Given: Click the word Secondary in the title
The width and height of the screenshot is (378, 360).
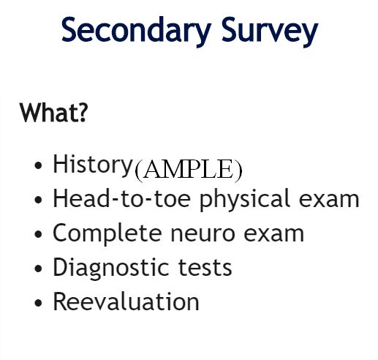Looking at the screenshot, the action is [136, 30].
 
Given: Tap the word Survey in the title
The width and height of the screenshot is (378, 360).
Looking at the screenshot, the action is [270, 31].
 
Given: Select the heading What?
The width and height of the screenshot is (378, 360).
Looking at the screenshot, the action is [53, 113].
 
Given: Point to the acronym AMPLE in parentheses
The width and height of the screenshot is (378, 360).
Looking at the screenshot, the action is [189, 170].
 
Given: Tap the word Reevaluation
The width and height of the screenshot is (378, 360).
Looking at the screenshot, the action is [126, 301].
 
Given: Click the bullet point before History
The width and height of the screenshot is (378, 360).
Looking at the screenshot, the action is [38, 165].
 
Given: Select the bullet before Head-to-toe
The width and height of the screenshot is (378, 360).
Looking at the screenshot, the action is [38, 200].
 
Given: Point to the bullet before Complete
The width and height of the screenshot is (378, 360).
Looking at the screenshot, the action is [38, 234].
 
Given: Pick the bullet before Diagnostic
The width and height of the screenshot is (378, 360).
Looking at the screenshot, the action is [38, 269].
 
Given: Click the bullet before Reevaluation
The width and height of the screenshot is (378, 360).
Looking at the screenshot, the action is [38, 303].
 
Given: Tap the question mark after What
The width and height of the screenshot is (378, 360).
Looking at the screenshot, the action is [83, 113].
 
